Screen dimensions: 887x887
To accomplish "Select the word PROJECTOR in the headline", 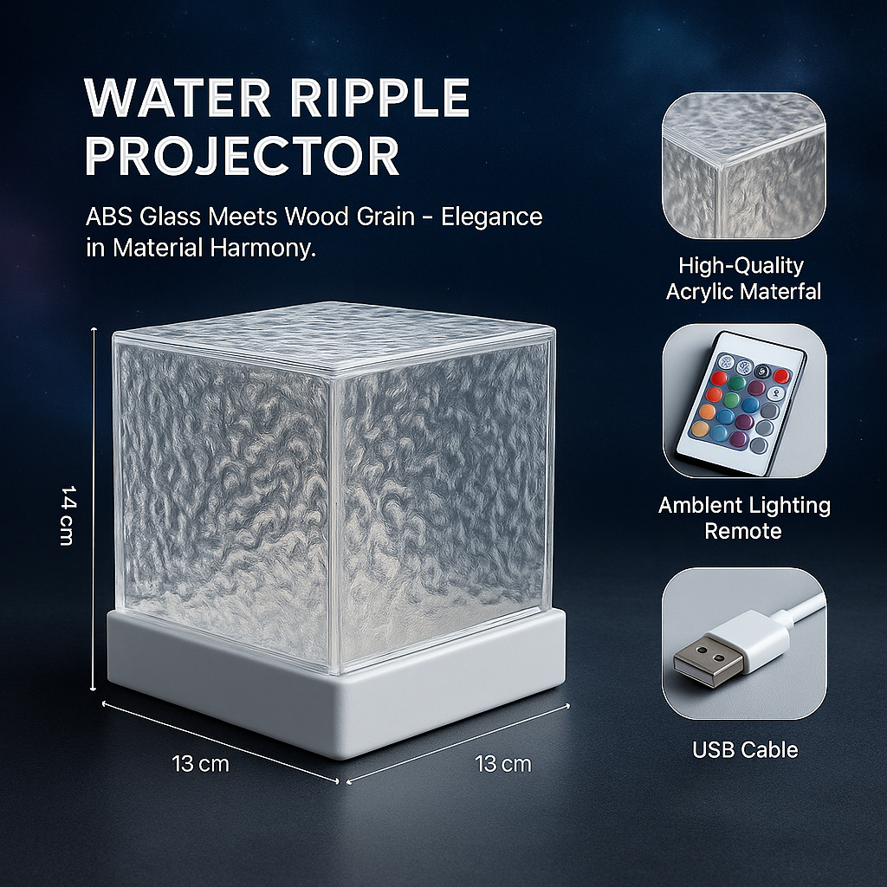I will point(242,156).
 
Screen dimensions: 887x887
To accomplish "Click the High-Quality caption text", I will point(741,265).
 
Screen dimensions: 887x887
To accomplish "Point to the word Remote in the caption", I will point(743,531).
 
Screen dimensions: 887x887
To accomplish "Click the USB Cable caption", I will point(745,749).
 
